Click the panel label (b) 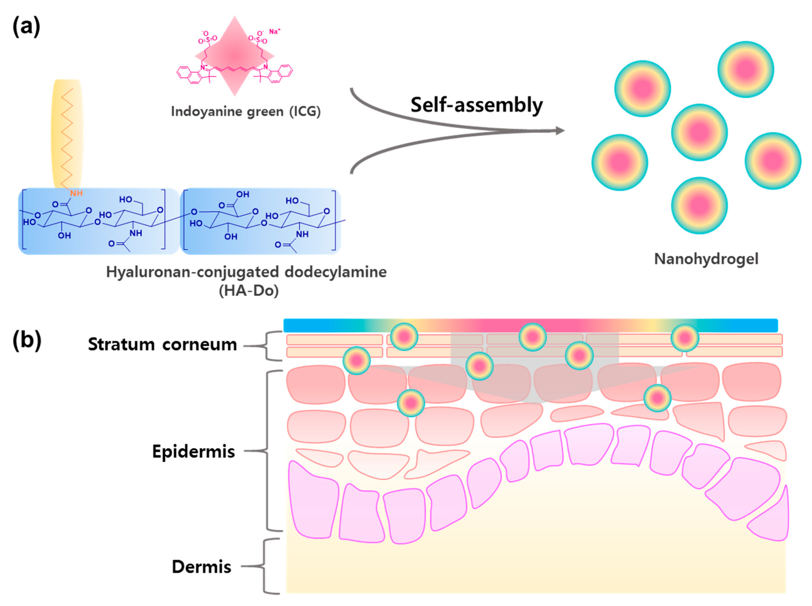26,340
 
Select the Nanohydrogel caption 706,259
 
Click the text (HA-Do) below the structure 248,291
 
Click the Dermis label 201,567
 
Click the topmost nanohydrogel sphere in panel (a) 745,69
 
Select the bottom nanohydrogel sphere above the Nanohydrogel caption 699,205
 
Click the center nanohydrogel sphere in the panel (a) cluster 699,132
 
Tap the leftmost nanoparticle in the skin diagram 356,361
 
